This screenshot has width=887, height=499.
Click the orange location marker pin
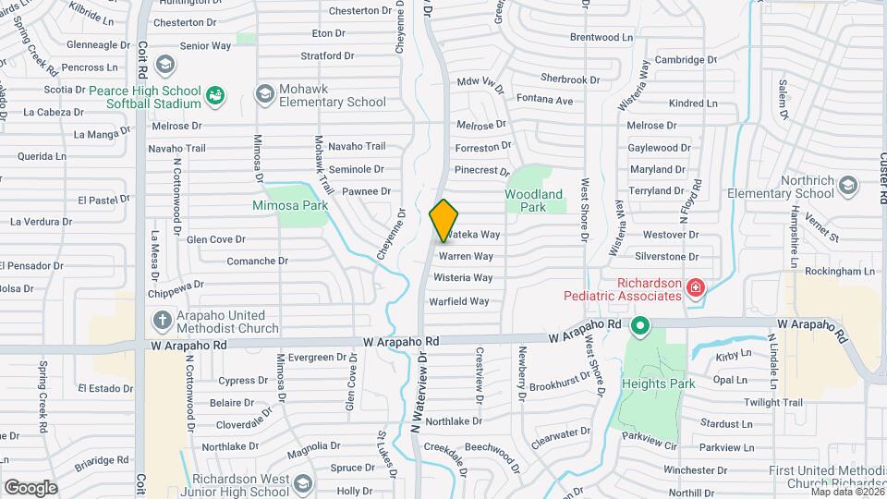pyautogui.click(x=443, y=219)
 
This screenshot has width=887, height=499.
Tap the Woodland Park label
pyautogui.click(x=533, y=201)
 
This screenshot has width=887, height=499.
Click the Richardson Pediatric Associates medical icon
pyautogui.click(x=694, y=290)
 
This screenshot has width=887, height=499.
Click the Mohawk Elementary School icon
pyautogui.click(x=265, y=93)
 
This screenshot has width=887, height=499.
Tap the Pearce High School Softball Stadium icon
pyautogui.click(x=215, y=94)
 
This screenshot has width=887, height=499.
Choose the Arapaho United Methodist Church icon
pyautogui.click(x=162, y=320)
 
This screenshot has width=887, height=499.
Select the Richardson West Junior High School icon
pyautogui.click(x=301, y=484)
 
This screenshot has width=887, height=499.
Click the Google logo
pyautogui.click(x=30, y=487)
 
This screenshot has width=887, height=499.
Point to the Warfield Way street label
pyautogui.click(x=459, y=301)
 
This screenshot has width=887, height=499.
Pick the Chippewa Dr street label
pyautogui.click(x=176, y=286)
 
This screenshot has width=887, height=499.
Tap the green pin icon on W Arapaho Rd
pyautogui.click(x=638, y=325)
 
